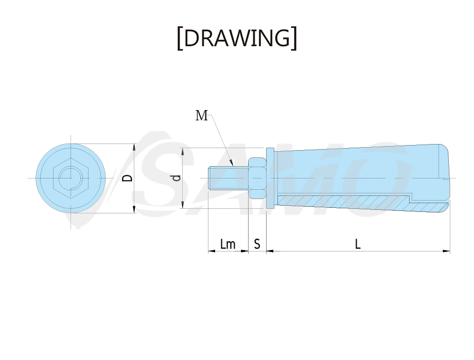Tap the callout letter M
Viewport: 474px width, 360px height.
(202, 115)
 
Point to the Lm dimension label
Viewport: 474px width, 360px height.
(227, 244)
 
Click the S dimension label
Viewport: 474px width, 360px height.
(257, 244)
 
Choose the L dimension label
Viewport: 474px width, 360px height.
(358, 244)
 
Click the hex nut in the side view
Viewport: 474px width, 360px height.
(257, 178)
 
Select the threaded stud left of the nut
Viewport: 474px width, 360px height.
(228, 178)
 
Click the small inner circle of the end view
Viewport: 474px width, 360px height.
(71, 178)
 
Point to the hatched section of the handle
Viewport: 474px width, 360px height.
(360, 202)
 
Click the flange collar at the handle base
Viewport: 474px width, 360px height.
(270, 178)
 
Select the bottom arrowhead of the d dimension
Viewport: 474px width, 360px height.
(182, 205)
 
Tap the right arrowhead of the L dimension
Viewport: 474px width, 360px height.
(446, 251)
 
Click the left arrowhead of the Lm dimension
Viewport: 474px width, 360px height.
(212, 251)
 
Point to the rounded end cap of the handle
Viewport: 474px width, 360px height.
(444, 178)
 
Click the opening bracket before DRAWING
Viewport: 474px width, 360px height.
(180, 39)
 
